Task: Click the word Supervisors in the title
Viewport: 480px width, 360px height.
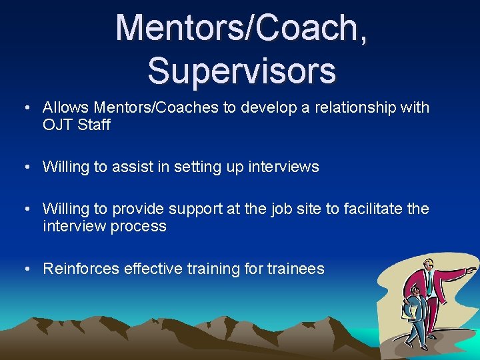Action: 241,71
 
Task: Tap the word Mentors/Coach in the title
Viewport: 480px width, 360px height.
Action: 235,28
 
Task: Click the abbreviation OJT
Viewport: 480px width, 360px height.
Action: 57,124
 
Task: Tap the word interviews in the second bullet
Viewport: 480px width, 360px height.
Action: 283,167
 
